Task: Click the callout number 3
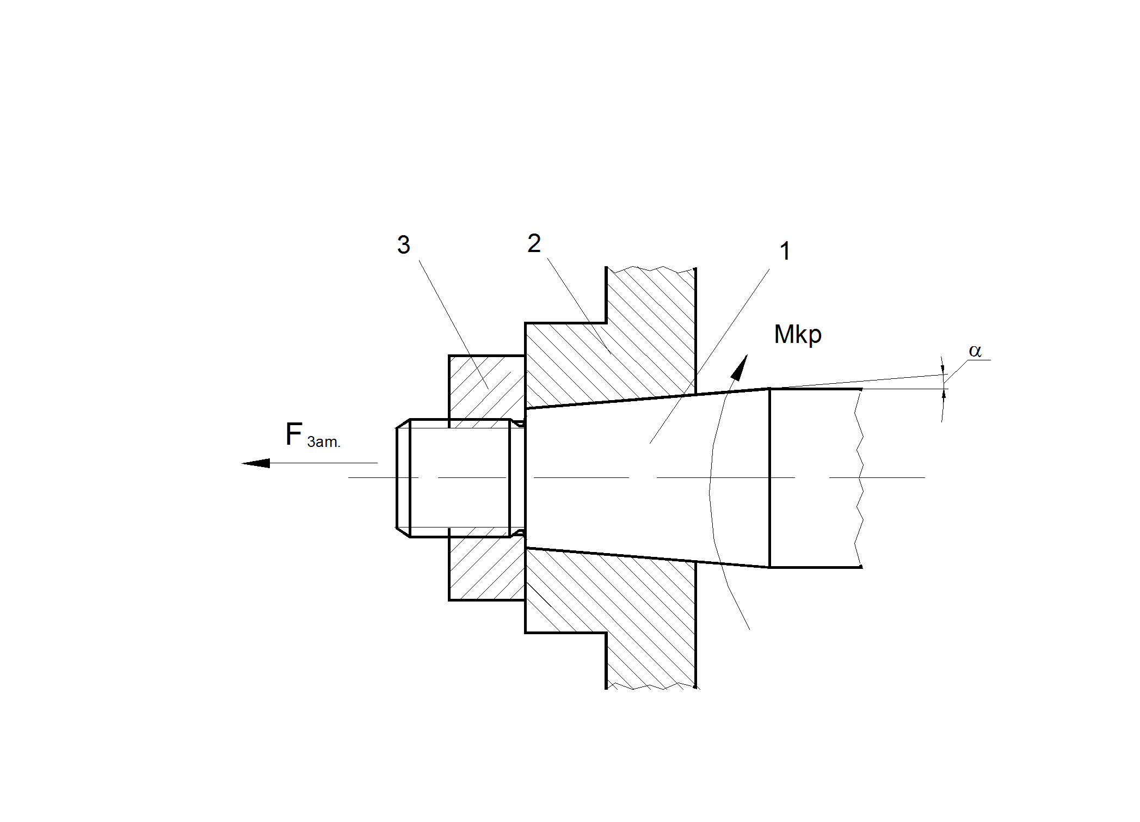pos(403,245)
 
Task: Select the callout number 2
pos(534,243)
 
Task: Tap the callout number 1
pos(785,251)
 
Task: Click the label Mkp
pos(797,334)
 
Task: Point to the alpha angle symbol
pos(975,351)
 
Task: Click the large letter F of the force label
pos(294,434)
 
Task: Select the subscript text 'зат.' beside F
pos(324,442)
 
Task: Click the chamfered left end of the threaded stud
pos(403,478)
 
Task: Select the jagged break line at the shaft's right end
pos(859,478)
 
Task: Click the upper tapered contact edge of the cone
pos(648,398)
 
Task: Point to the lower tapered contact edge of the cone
pos(648,557)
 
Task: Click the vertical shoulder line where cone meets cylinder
pos(769,478)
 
